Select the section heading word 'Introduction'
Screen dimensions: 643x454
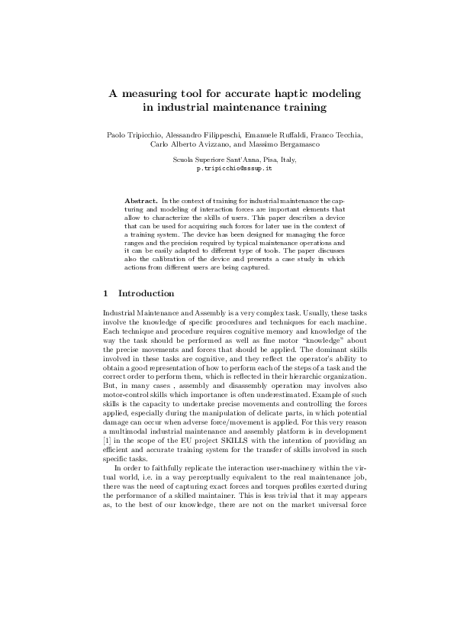point(147,294)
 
